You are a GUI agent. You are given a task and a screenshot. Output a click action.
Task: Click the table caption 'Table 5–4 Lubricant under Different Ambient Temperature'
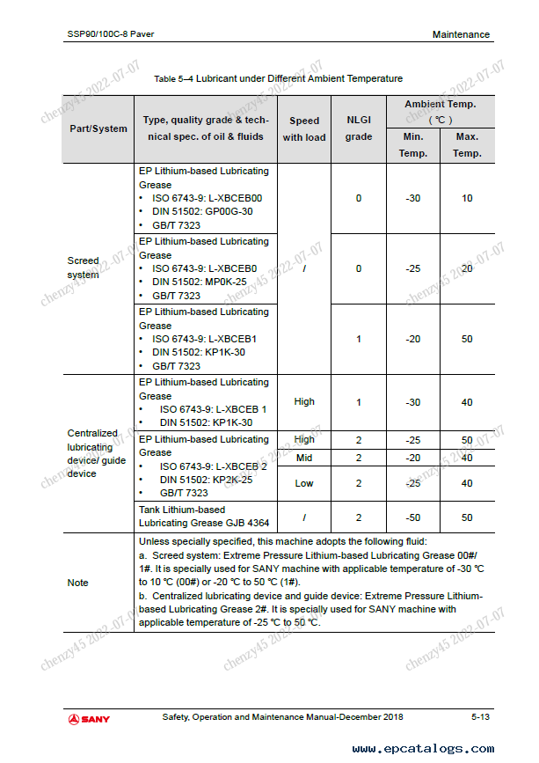[x=278, y=79]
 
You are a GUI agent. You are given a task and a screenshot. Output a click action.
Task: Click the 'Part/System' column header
[x=98, y=128]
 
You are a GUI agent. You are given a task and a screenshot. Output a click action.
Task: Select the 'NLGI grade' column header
[x=359, y=128]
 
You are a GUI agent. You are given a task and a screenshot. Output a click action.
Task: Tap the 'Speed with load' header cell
[x=304, y=128]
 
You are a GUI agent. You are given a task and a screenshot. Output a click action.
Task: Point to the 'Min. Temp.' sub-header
[x=413, y=144]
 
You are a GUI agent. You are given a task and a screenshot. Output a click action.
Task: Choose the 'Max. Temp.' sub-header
[x=467, y=144]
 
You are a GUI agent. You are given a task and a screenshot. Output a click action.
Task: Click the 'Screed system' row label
[x=84, y=268]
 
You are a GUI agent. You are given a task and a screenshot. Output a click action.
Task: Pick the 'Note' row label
[x=78, y=583]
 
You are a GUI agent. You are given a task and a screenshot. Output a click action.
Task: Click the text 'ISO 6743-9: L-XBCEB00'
[x=207, y=198]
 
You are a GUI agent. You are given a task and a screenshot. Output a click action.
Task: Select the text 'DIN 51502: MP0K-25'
[x=200, y=282]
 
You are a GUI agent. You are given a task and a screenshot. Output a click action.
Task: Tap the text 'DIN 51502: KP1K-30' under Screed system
[x=199, y=352]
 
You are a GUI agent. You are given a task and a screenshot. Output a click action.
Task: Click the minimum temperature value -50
[x=413, y=517]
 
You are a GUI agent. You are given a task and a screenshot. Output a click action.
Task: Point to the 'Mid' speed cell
[x=304, y=458]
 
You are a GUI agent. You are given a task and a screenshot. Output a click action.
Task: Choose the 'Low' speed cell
[x=304, y=483]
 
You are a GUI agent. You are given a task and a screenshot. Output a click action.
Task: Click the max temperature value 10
[x=467, y=198]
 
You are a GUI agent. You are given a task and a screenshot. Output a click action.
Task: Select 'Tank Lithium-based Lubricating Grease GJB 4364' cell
[x=193, y=517]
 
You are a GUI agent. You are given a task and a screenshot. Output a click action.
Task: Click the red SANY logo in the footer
[x=89, y=719]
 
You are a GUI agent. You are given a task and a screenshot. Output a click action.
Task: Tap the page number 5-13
[x=480, y=717]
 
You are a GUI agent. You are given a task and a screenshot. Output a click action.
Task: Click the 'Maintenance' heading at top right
[x=461, y=34]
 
